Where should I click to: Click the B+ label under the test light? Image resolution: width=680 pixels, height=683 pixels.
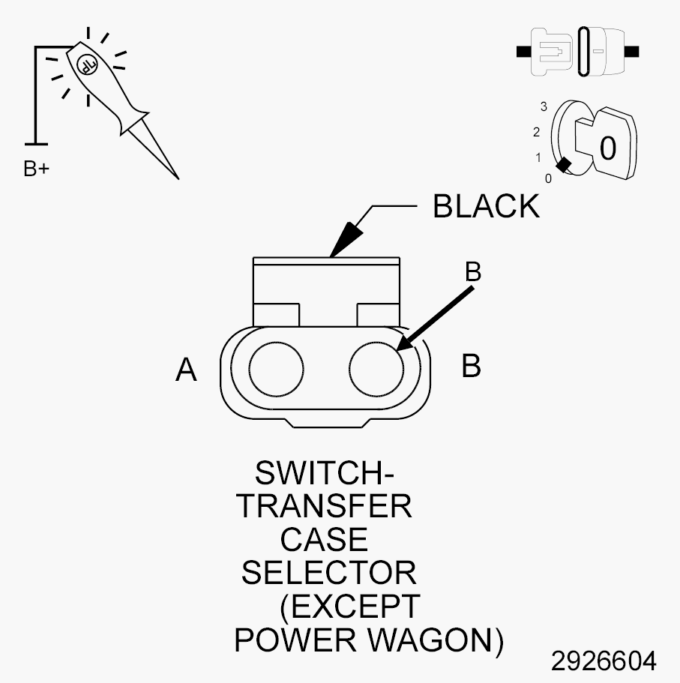click(x=37, y=169)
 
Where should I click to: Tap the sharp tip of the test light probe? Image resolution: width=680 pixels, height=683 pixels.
click(x=178, y=178)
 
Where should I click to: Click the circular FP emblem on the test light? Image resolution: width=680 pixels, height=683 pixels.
click(x=87, y=64)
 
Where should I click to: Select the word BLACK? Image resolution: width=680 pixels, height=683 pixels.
click(x=486, y=206)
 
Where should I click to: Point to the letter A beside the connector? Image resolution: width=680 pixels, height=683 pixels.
click(x=186, y=370)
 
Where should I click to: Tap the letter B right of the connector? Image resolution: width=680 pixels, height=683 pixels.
click(x=471, y=365)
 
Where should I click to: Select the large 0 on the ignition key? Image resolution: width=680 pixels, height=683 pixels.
click(x=608, y=148)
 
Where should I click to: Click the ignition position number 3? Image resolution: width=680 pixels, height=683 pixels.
click(x=544, y=106)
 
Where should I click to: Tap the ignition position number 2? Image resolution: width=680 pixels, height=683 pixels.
click(x=536, y=131)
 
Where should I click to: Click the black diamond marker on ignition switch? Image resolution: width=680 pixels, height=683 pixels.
click(x=564, y=165)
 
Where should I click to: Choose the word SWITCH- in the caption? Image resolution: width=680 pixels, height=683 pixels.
click(x=325, y=472)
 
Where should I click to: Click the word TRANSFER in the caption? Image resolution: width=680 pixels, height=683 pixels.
click(x=324, y=506)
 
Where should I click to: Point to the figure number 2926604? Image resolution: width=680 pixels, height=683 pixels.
click(x=604, y=661)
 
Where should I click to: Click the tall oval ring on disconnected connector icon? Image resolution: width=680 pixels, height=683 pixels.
click(x=584, y=52)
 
